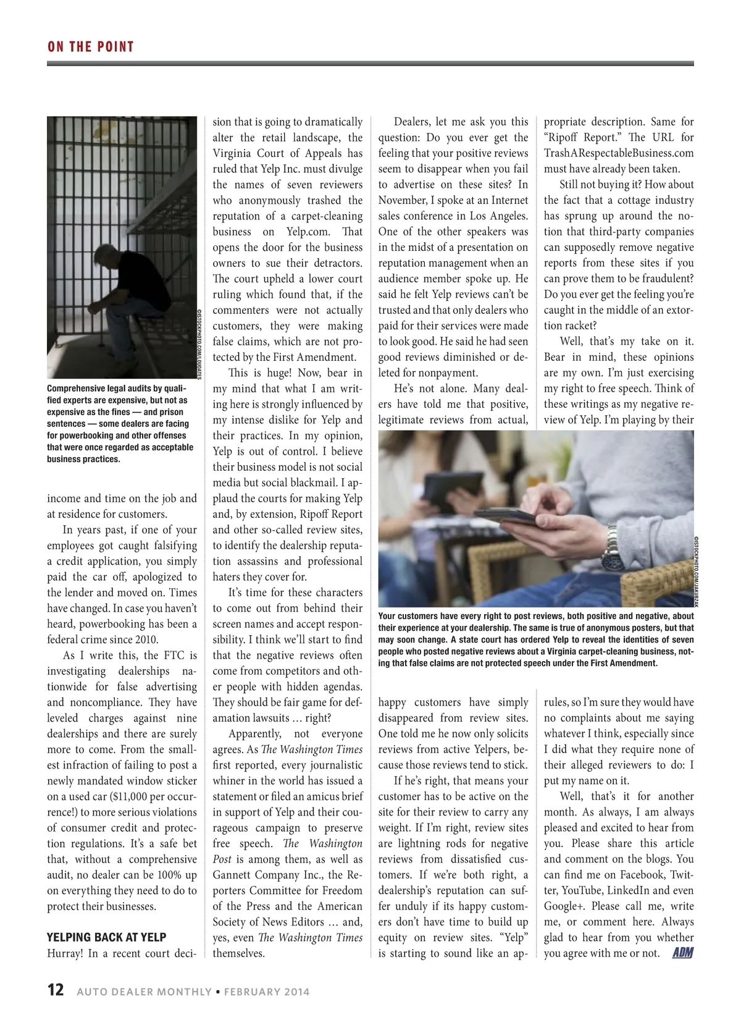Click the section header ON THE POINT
click(90, 47)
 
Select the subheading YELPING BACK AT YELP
click(107, 937)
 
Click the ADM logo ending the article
click(682, 953)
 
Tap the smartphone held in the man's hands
click(503, 515)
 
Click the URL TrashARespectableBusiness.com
click(619, 153)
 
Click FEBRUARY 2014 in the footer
click(267, 992)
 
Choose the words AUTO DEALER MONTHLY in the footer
click(144, 992)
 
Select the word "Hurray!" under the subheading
click(65, 953)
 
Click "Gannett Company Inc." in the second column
click(269, 875)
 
